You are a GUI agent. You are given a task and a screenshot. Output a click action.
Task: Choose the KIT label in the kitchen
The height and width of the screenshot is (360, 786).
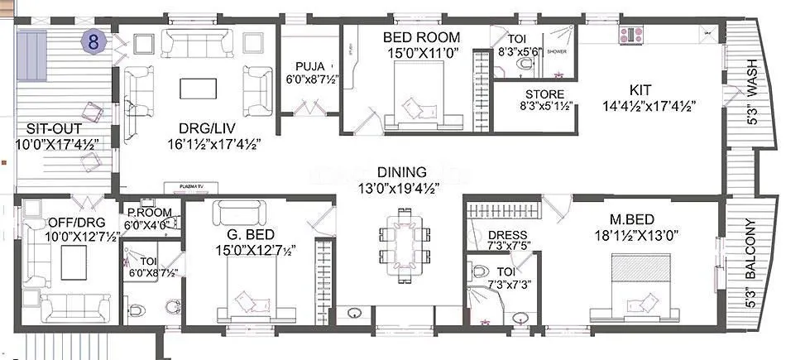[640, 89]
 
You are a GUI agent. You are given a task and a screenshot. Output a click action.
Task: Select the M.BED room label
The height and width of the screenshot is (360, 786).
[632, 219]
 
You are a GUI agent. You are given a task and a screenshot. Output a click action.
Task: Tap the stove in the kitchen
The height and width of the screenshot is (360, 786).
[633, 35]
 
